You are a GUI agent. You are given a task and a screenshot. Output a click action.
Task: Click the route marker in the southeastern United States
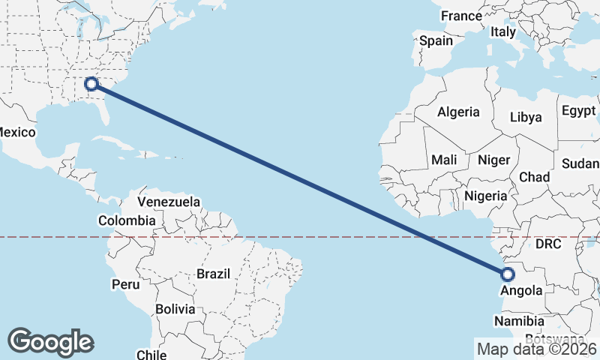pos(92,84)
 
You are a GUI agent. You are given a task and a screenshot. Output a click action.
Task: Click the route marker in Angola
pos(507,274)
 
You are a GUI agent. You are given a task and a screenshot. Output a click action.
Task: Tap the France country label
pos(461,16)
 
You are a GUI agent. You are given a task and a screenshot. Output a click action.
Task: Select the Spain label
pos(436,40)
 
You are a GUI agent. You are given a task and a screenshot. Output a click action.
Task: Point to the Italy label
pos(502,32)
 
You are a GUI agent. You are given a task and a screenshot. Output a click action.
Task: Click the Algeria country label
pos(458,112)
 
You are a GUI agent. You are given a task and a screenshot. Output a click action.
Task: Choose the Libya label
pos(525,117)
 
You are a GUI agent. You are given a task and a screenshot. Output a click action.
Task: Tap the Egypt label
pos(577,111)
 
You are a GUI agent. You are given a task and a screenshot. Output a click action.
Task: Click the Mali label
pos(444,160)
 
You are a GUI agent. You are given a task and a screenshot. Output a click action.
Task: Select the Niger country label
pos(493,160)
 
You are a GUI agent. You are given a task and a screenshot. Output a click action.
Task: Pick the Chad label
pos(534,177)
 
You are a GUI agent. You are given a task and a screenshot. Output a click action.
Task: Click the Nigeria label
pos(486,196)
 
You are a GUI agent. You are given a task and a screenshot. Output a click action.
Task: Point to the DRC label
pos(548,244)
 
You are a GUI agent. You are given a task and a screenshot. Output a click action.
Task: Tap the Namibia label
pos(519,321)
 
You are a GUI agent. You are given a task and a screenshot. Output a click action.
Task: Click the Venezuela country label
pos(169,202)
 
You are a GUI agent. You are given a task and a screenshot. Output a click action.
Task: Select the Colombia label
pos(127,220)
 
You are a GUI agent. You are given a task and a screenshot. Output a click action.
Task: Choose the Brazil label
pos(213,274)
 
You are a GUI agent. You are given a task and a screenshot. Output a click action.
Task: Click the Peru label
pos(125,284)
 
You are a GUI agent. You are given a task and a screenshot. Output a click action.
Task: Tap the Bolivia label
pos(175,309)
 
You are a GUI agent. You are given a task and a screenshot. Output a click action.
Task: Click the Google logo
pos(50,342)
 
